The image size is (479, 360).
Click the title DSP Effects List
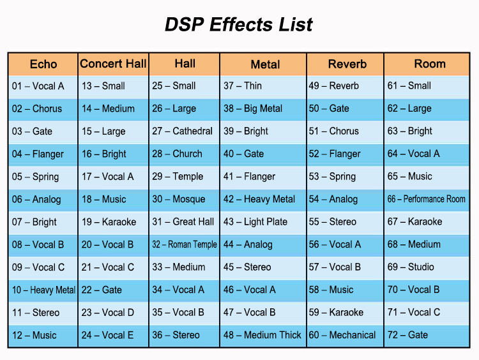click(x=239, y=24)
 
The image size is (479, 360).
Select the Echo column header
click(x=43, y=64)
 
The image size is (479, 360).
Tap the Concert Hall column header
click(x=113, y=64)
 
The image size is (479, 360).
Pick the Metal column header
click(x=265, y=64)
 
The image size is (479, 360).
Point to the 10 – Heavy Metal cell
click(x=43, y=290)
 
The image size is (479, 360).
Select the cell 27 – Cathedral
click(x=183, y=131)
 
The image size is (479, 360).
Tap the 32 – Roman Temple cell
click(x=185, y=244)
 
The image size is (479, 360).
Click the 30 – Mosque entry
click(x=178, y=199)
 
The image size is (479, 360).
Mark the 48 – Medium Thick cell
click(x=262, y=335)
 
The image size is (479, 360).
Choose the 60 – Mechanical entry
click(x=342, y=335)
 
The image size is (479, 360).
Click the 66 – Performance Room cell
click(x=427, y=199)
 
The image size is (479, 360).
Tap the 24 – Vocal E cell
click(x=108, y=335)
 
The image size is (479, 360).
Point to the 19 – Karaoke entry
click(x=109, y=222)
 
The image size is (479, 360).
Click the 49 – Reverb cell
click(x=334, y=86)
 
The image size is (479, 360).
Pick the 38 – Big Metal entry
click(x=253, y=109)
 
